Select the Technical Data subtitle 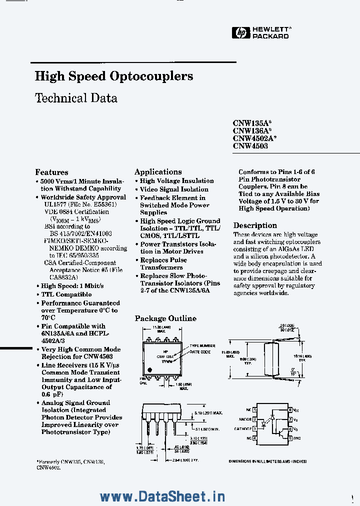[x=76, y=98]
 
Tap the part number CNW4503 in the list [x=250, y=146]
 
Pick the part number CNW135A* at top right [x=252, y=122]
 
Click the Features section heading [x=51, y=172]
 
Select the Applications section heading [x=158, y=171]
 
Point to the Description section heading [x=255, y=225]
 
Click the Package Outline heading [x=165, y=318]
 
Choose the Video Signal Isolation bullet [x=174, y=189]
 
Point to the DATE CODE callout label [x=200, y=352]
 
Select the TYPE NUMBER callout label [x=202, y=345]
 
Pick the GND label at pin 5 [x=296, y=438]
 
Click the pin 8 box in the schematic [x=289, y=410]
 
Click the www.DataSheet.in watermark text [x=162, y=496]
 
